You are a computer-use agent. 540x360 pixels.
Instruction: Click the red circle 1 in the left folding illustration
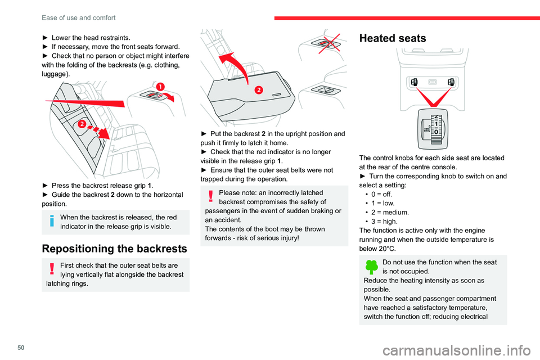161,86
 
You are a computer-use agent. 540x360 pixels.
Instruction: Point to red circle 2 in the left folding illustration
82,124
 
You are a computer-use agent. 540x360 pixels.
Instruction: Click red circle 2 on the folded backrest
259,91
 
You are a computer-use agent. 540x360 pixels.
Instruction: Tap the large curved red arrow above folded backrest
233,62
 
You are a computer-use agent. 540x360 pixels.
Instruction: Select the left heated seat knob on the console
413,82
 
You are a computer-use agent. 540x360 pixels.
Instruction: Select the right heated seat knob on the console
451,82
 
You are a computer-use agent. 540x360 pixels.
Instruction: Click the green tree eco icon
372,267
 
